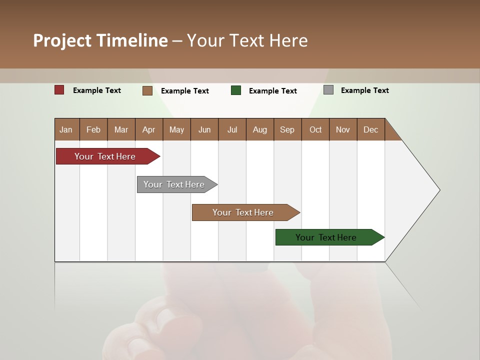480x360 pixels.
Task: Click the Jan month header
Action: [66, 129]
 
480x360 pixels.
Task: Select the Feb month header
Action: [93, 129]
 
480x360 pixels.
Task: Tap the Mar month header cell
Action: [121, 129]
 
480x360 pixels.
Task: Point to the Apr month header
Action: [149, 129]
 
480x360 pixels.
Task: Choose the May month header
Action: [176, 129]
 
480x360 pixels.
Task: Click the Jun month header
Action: [204, 129]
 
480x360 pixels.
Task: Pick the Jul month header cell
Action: [232, 129]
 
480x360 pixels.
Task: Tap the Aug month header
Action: [260, 129]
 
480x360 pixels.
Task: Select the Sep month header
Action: [287, 129]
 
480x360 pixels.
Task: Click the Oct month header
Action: [315, 129]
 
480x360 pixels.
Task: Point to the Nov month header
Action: [343, 129]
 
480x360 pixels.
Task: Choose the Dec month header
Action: [371, 129]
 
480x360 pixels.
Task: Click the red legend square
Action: [59, 90]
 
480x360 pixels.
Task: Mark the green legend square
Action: [236, 90]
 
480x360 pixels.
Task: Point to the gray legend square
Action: [328, 90]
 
